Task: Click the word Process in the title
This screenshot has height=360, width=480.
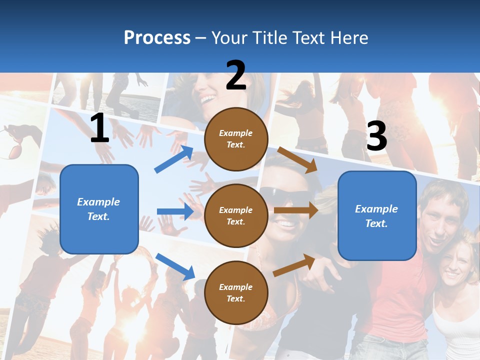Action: (157, 37)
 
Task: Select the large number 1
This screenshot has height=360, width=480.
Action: (99, 128)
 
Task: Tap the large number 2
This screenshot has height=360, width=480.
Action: (236, 75)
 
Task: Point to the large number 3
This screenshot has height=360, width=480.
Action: (376, 136)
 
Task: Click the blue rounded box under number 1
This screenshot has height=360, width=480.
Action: (99, 209)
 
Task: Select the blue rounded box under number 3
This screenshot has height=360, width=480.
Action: (377, 215)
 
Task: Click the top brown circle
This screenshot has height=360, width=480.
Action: (236, 138)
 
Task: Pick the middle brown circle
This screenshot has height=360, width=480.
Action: (236, 215)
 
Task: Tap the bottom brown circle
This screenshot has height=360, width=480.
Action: (236, 292)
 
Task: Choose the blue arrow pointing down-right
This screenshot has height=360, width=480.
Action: (175, 266)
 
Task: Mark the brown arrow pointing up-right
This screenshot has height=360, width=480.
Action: (294, 265)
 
